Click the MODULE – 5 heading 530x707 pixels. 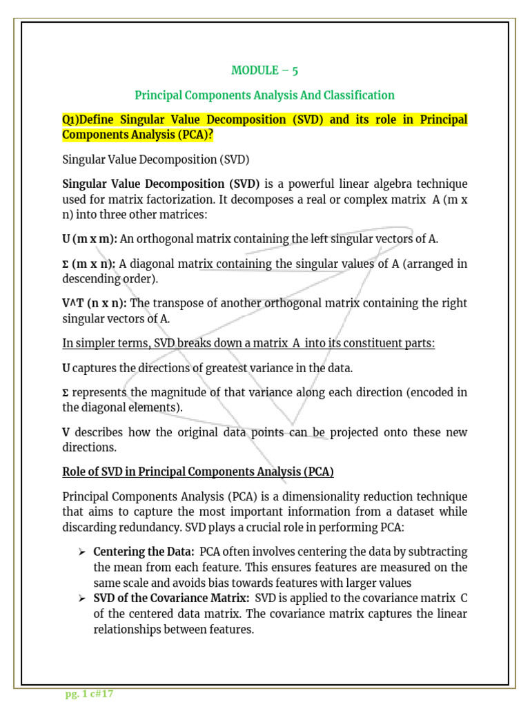coord(265,70)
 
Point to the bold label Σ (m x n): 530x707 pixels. coord(89,263)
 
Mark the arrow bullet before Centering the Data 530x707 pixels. coord(81,552)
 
